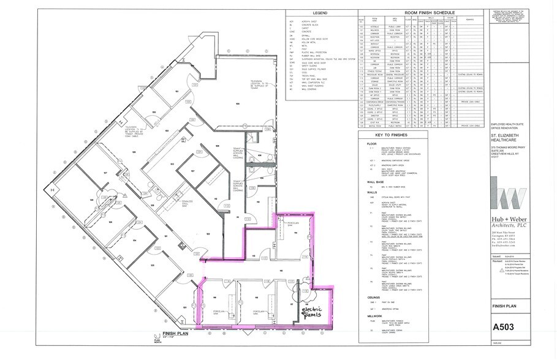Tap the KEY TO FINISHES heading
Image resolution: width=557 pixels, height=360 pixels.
387,151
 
